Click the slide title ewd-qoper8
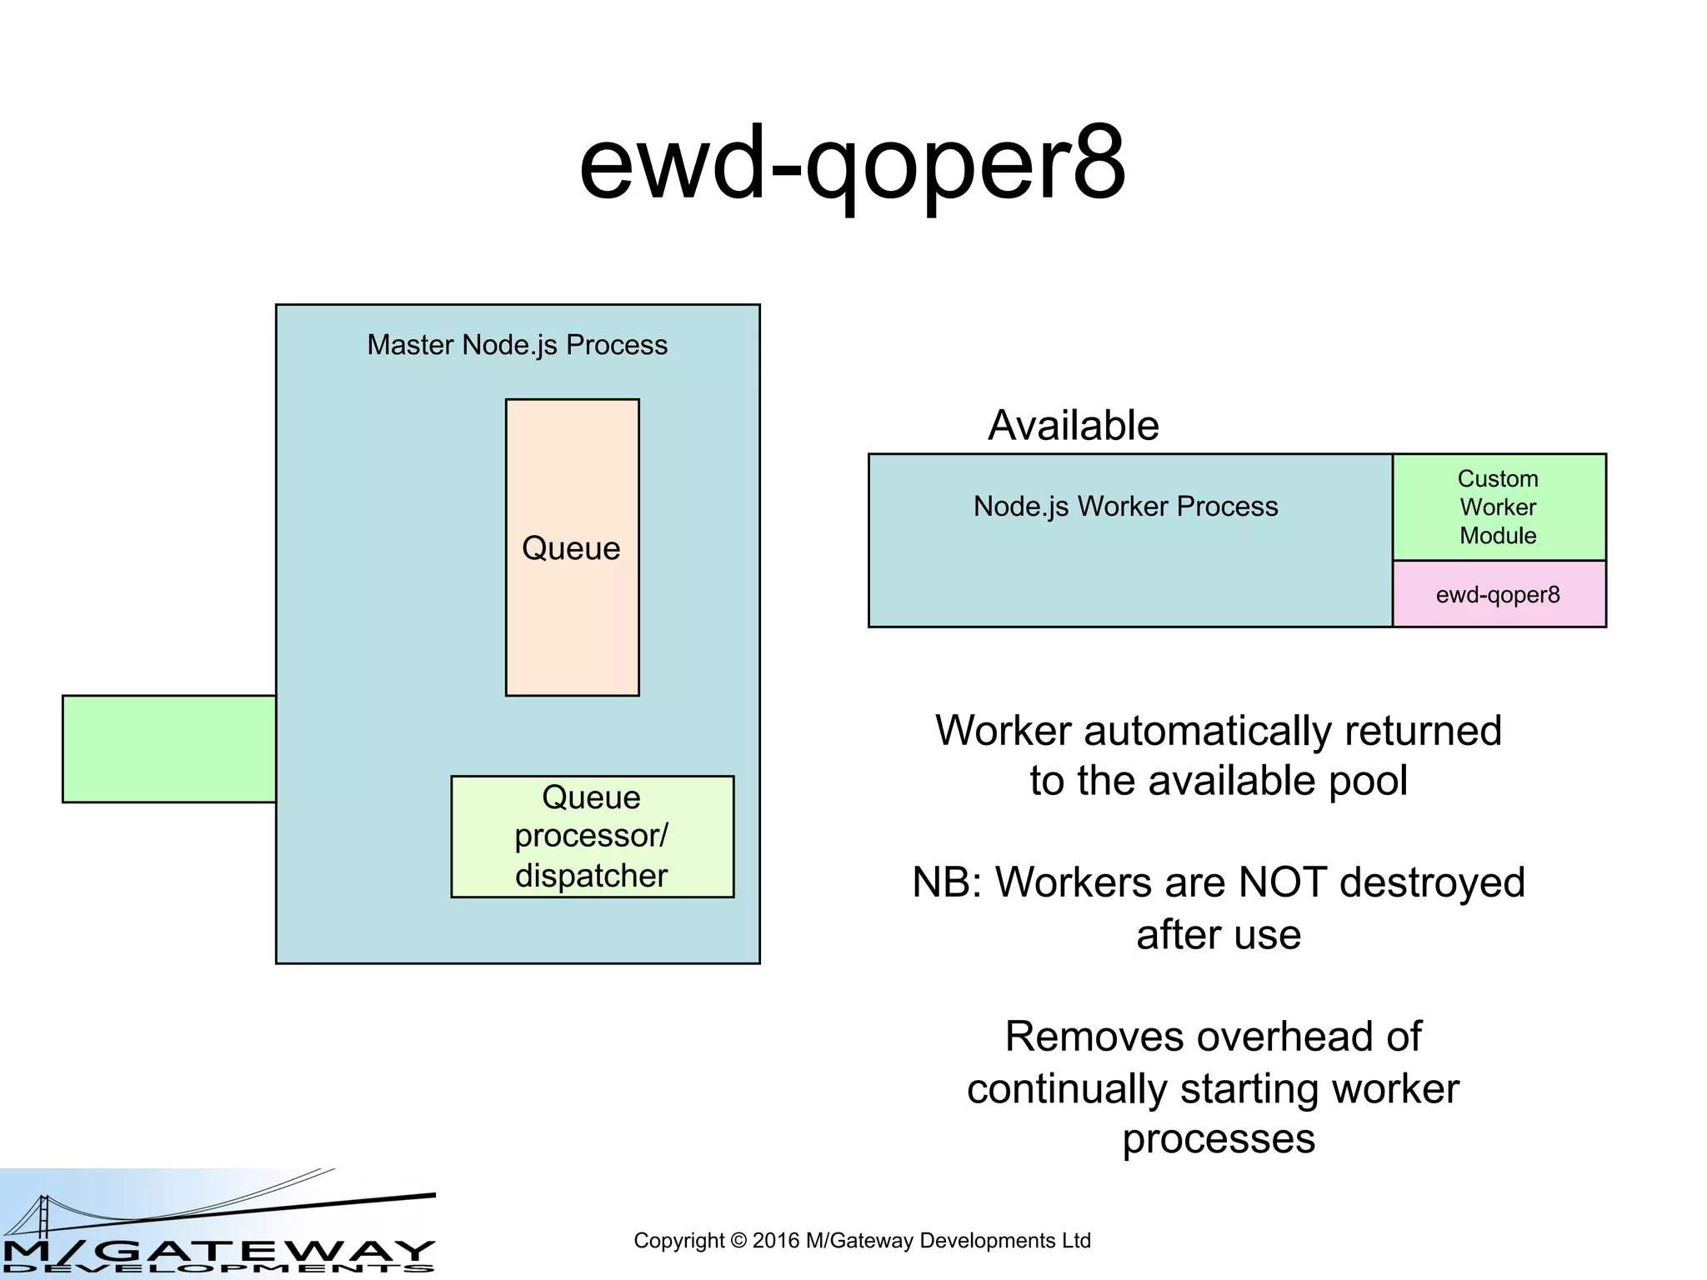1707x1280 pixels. pyautogui.click(x=852, y=163)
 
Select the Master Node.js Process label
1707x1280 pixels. pyautogui.click(x=517, y=344)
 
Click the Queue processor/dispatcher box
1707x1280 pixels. pyautogui.click(x=592, y=836)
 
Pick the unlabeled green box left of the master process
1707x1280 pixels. pyautogui.click(x=169, y=748)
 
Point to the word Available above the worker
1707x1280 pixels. pyautogui.click(x=1073, y=425)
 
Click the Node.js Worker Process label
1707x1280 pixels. pyautogui.click(x=1125, y=506)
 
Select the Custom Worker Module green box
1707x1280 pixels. pyautogui.click(x=1498, y=507)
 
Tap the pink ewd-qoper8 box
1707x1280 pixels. pyautogui.click(x=1498, y=594)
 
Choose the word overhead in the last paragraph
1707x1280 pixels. pyautogui.click(x=1289, y=1037)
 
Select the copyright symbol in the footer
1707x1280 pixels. pyautogui.click(x=738, y=1241)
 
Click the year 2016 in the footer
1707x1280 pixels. pyautogui.click(x=775, y=1241)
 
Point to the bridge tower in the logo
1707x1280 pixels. pyautogui.click(x=43, y=1216)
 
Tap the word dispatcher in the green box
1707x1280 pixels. pyautogui.click(x=591, y=876)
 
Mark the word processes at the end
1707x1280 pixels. pyautogui.click(x=1218, y=1139)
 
